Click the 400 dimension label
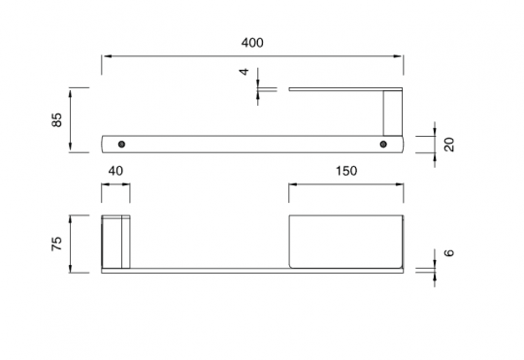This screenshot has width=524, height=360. click(252, 43)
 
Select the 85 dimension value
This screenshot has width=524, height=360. click(57, 120)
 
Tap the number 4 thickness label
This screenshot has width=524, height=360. click(245, 72)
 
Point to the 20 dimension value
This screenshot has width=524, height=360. click(450, 145)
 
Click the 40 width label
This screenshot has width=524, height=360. click(115, 171)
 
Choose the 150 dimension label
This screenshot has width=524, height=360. click(346, 171)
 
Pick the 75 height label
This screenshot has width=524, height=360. click(57, 244)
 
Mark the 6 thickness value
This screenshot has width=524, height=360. click(450, 252)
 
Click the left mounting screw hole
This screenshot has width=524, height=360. click(121, 145)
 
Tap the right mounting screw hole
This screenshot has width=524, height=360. click(383, 145)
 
